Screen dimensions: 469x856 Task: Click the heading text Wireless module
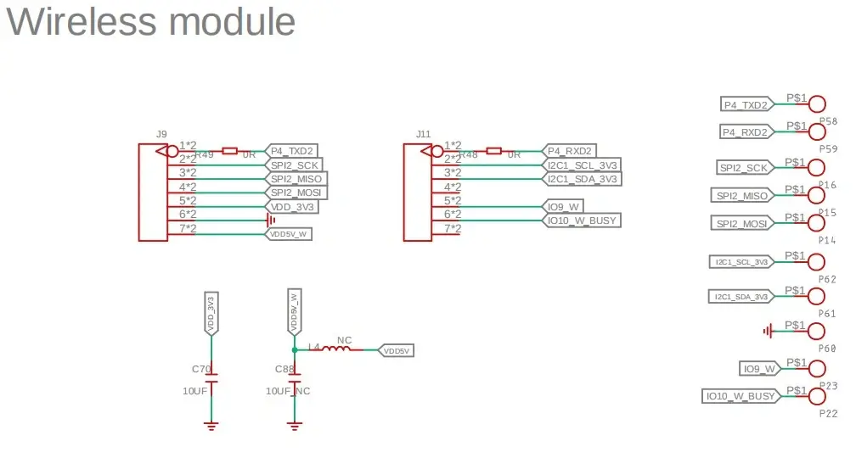151,22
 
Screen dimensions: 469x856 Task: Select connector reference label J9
161,134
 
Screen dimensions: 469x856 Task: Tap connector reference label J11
423,134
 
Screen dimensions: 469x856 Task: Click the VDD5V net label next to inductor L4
396,350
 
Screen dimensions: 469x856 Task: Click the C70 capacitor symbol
211,378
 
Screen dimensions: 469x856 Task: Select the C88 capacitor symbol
295,378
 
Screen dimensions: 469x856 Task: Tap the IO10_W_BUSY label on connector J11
582,221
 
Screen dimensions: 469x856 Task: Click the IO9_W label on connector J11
565,206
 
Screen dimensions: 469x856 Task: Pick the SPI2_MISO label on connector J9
296,179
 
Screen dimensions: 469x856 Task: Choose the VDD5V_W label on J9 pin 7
290,233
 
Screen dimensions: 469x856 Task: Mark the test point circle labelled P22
816,396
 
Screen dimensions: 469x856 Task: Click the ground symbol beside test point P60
769,331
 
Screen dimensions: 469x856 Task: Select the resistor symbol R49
229,151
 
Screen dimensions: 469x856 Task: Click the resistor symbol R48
493,151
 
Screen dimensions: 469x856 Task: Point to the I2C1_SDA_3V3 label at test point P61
741,297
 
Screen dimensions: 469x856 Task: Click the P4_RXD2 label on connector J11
569,151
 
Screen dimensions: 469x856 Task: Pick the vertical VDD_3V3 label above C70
211,312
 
